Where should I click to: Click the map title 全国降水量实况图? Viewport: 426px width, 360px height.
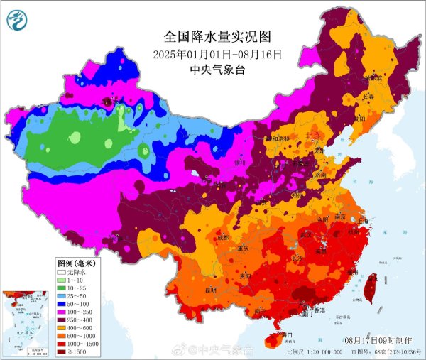pos(218,36)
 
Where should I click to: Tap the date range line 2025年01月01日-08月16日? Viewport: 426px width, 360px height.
pos(218,54)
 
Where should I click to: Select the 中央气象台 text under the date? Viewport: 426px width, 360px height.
pos(218,70)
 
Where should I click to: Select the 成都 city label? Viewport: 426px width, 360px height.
pos(226,238)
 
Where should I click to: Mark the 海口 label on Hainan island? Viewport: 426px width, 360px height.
pos(287,334)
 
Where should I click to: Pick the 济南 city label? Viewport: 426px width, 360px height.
pos(323,174)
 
